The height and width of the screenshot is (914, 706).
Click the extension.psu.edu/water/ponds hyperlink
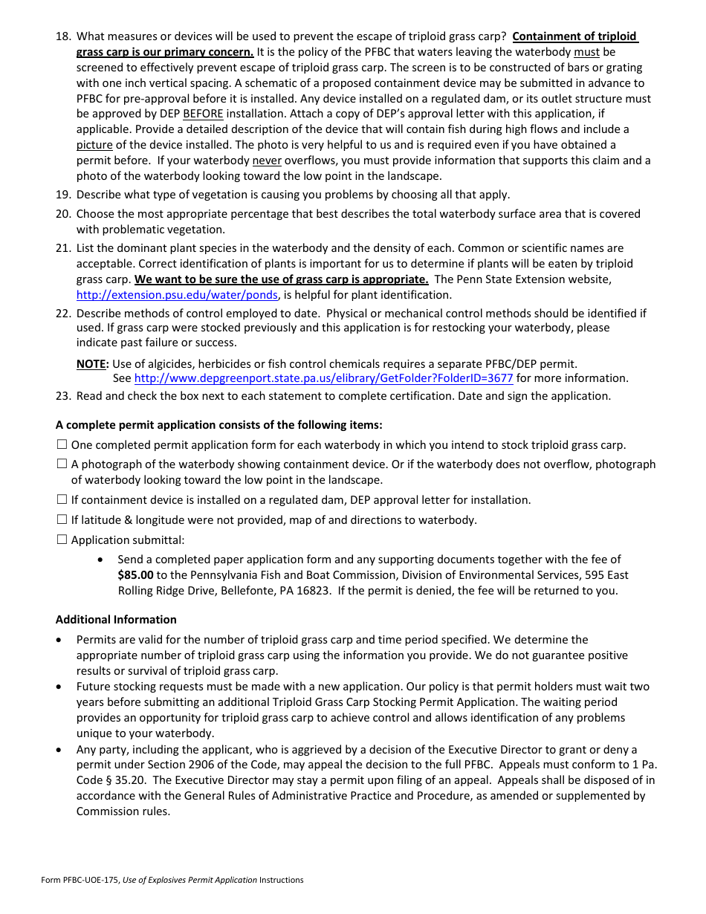[x=178, y=295]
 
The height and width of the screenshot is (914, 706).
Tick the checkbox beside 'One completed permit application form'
[x=62, y=445]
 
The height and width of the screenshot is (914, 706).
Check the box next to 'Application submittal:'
[x=62, y=540]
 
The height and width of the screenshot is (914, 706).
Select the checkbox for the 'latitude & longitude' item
[x=62, y=520]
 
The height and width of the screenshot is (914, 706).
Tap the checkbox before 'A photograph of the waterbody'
[x=62, y=464]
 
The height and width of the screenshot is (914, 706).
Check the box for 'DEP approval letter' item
[x=62, y=500]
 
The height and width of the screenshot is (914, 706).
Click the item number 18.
[x=63, y=36]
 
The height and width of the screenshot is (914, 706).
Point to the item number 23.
[x=63, y=396]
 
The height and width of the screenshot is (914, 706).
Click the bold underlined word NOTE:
[x=92, y=364]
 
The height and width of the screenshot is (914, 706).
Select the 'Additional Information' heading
[x=116, y=620]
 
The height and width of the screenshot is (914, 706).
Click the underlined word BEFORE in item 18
[x=203, y=114]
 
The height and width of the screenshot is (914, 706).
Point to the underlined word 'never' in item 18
[x=266, y=161]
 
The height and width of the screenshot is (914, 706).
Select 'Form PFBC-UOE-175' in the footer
[x=80, y=881]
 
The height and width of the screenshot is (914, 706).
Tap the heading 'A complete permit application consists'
[x=219, y=426]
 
